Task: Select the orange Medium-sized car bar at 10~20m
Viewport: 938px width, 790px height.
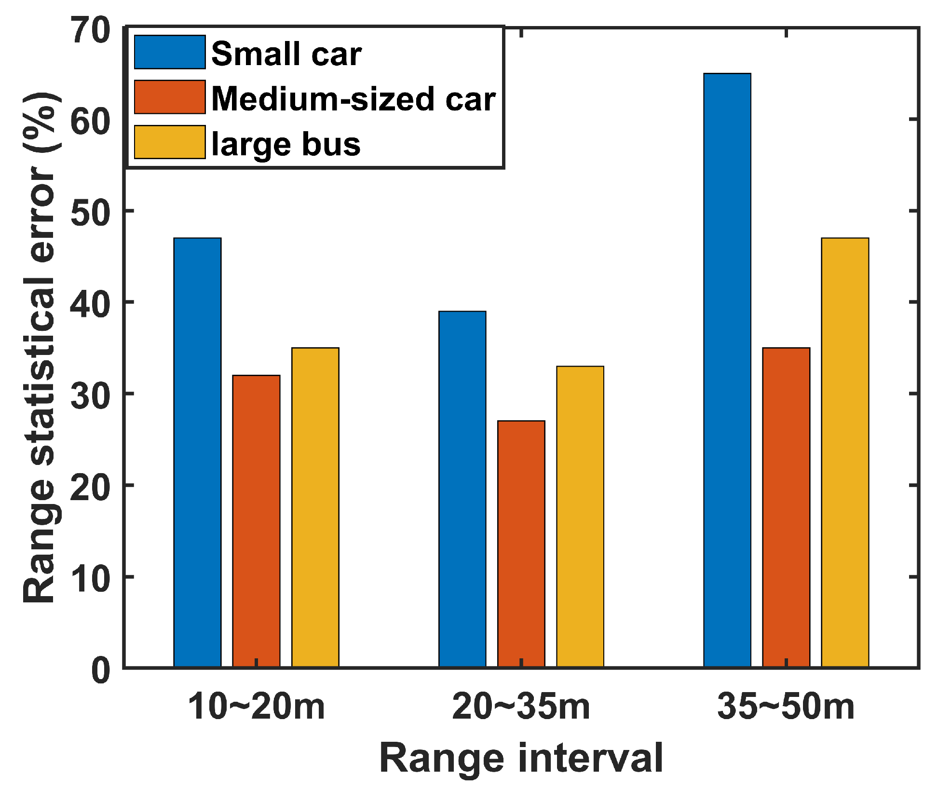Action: tap(256, 521)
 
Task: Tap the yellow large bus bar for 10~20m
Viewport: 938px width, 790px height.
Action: tap(315, 507)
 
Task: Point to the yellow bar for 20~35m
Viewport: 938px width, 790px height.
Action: tap(580, 516)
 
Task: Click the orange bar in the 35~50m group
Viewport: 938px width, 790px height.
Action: tap(786, 507)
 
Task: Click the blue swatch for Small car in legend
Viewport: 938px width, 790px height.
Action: tap(170, 52)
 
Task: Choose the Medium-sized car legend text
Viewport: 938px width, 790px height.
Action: tap(353, 98)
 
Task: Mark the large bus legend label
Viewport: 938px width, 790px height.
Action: tap(286, 144)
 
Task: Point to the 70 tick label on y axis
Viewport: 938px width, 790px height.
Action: tap(90, 30)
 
